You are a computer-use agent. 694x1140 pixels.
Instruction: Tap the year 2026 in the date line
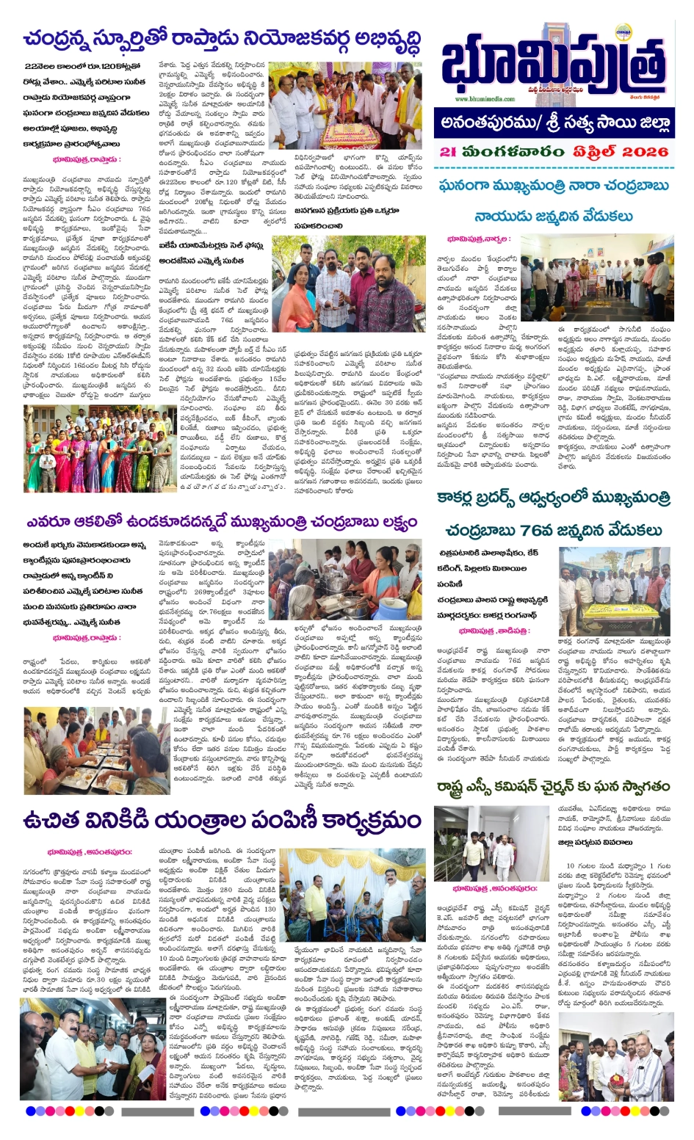[643, 152]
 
